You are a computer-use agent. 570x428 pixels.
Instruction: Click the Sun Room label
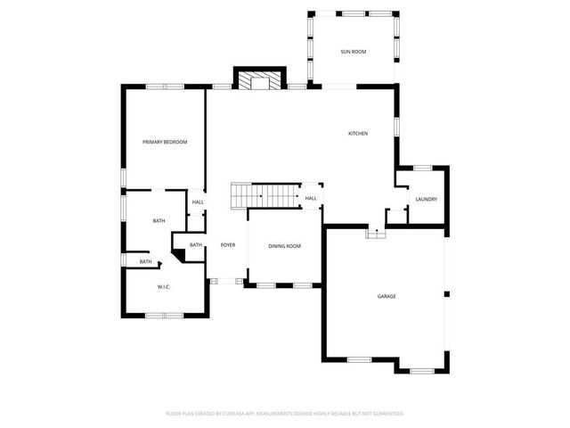pyautogui.click(x=353, y=52)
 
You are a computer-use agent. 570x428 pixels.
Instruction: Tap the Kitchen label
pyautogui.click(x=357, y=134)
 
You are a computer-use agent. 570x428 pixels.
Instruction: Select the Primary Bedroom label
pyautogui.click(x=165, y=142)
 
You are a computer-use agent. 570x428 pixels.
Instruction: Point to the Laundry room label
pyautogui.click(x=426, y=199)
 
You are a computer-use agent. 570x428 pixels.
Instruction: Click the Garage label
pyautogui.click(x=387, y=296)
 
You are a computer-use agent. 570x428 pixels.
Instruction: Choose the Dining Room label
pyautogui.click(x=285, y=246)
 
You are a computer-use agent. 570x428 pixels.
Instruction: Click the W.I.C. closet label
pyautogui.click(x=164, y=286)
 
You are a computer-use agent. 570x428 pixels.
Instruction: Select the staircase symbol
pyautogui.click(x=264, y=194)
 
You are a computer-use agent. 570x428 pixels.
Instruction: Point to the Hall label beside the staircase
pyautogui.click(x=311, y=199)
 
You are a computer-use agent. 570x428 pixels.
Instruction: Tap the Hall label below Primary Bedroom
pyautogui.click(x=198, y=202)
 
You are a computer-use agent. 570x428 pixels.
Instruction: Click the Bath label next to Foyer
pyautogui.click(x=196, y=245)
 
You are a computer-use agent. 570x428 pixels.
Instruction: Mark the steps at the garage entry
pyautogui.click(x=374, y=233)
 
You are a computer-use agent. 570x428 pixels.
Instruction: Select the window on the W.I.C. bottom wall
pyautogui.click(x=164, y=315)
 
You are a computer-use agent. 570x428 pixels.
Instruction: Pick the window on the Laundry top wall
pyautogui.click(x=423, y=168)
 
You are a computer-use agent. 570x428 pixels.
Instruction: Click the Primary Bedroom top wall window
pyautogui.click(x=165, y=86)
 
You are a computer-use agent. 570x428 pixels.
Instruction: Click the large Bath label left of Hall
pyautogui.click(x=159, y=221)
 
